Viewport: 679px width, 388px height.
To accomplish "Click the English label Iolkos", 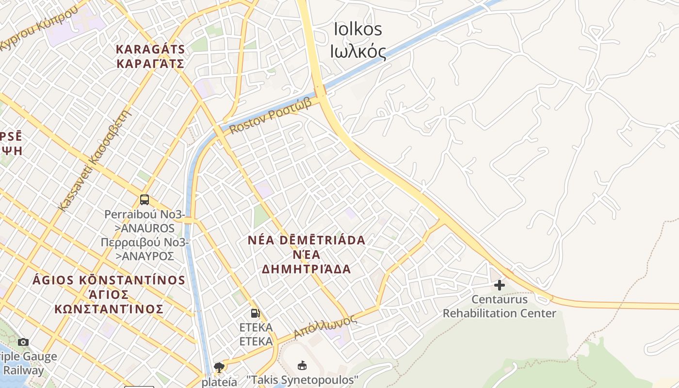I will [x=358, y=29].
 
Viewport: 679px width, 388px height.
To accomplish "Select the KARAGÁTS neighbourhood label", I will [x=150, y=49].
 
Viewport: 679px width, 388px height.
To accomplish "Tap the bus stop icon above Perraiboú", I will [x=144, y=199].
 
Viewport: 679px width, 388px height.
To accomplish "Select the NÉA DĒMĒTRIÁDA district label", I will [x=306, y=240].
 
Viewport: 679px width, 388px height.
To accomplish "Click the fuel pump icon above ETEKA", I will [x=255, y=313].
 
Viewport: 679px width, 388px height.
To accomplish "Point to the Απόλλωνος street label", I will [x=325, y=327].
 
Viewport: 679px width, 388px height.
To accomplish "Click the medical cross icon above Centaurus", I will [x=499, y=285].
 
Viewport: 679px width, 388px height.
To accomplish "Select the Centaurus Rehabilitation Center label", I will [x=499, y=306].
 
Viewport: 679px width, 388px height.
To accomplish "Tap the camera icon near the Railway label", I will [x=23, y=342].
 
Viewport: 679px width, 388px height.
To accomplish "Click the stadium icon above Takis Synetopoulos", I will [x=302, y=365].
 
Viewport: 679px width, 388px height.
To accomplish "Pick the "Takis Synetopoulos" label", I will [x=302, y=379].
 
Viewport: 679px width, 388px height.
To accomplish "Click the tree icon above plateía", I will [x=219, y=367].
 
